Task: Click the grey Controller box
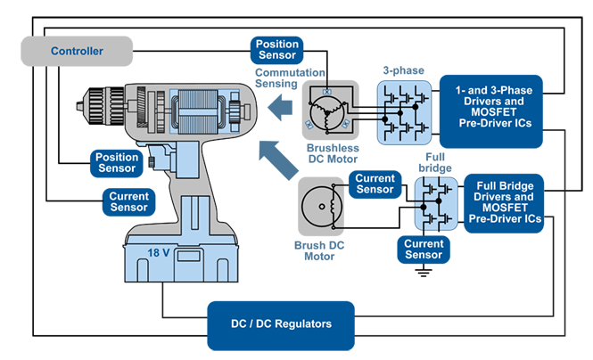(77, 51)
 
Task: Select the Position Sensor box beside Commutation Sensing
(277, 49)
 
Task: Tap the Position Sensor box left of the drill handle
(116, 162)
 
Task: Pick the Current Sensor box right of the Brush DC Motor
(375, 184)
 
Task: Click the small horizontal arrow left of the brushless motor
(281, 109)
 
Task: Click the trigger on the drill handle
(159, 160)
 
